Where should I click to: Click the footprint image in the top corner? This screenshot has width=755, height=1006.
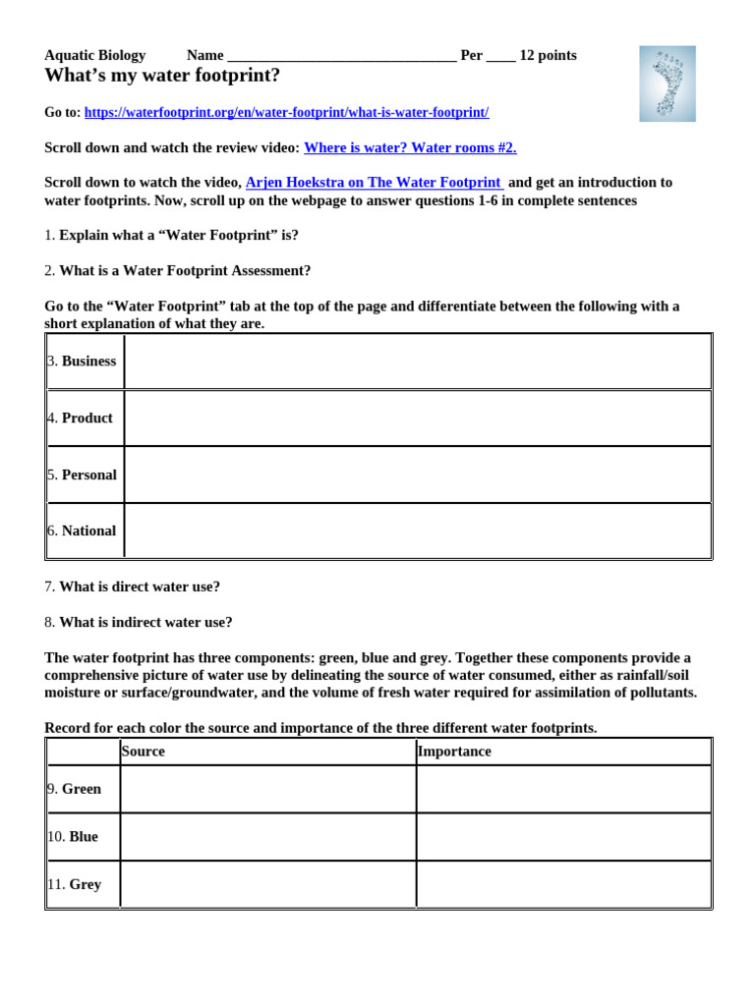[667, 84]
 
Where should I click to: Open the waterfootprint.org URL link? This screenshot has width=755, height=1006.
[286, 113]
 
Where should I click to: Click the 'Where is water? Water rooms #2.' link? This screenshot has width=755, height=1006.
[410, 147]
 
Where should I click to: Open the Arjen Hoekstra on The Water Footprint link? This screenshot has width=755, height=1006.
[374, 183]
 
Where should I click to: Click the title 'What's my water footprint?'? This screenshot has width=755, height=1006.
[162, 76]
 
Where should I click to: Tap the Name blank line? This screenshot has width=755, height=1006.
[340, 56]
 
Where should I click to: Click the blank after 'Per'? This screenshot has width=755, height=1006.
[500, 56]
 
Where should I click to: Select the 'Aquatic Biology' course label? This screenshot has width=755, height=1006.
[94, 56]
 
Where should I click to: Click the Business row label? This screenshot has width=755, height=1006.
[87, 362]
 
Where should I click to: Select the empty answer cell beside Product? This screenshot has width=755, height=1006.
[417, 419]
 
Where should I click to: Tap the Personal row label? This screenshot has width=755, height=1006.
[87, 475]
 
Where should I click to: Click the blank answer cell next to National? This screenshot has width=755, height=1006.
[417, 531]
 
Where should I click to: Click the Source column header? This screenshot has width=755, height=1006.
[144, 752]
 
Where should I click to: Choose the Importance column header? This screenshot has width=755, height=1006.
[454, 752]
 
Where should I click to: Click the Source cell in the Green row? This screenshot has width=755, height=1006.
[267, 790]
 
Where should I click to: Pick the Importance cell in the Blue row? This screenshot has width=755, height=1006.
[562, 837]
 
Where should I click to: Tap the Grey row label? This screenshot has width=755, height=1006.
[84, 884]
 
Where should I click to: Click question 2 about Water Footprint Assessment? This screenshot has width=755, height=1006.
[178, 270]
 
